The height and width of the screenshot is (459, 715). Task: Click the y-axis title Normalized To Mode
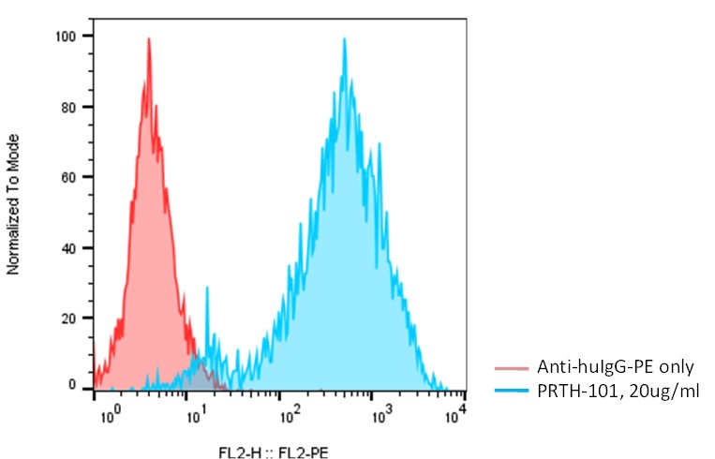pos(14,204)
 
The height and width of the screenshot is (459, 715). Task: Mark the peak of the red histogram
pos(148,39)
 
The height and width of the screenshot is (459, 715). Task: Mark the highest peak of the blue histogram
pos(345,39)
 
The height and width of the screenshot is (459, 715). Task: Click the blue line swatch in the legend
pos(513,389)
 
